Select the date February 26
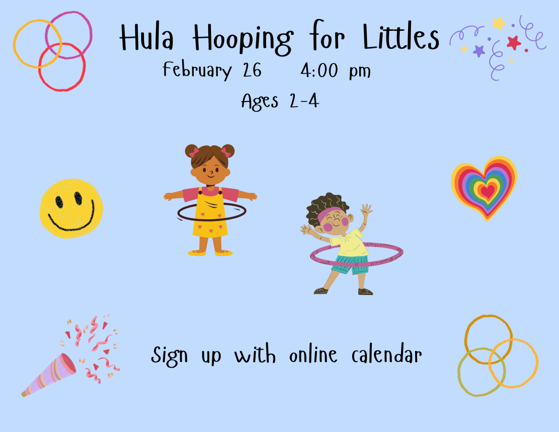click(212, 71)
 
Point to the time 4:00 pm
click(335, 71)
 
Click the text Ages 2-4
click(280, 101)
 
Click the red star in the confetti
click(514, 43)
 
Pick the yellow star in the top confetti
click(499, 22)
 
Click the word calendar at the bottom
click(387, 356)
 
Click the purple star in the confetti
click(479, 50)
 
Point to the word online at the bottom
click(313, 356)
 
